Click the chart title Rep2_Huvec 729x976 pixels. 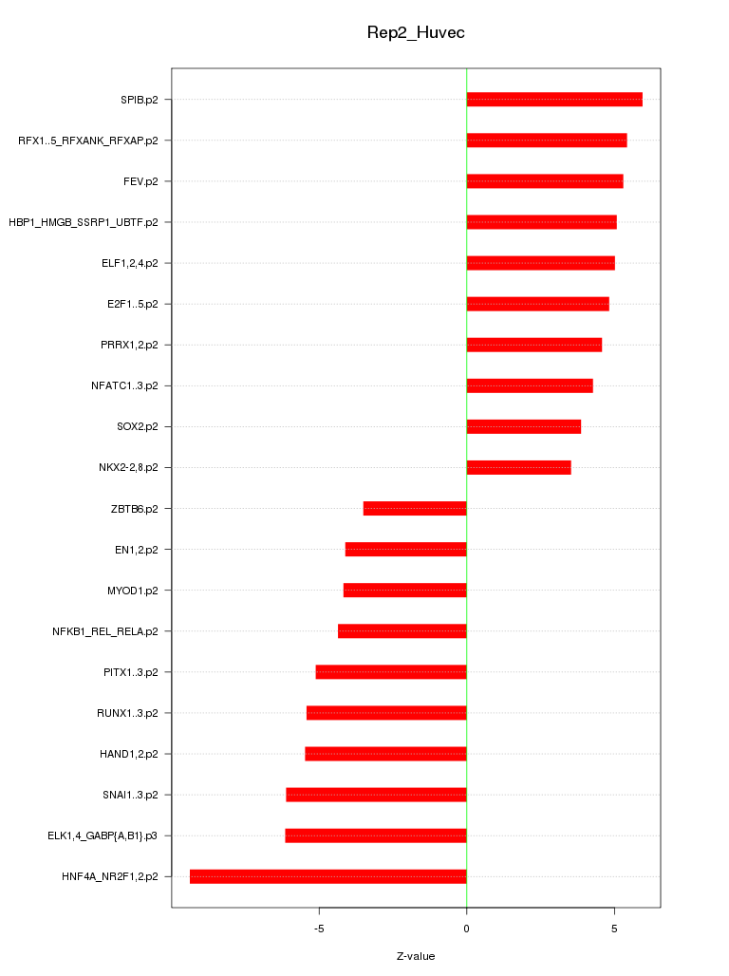[416, 33]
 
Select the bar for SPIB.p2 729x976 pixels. [554, 100]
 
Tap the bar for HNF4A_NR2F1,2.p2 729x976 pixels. [327, 876]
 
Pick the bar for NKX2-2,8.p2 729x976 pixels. [518, 467]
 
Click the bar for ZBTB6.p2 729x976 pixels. [415, 509]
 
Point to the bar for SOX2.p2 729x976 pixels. [523, 426]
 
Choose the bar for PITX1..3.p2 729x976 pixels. [391, 672]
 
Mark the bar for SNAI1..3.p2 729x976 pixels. [376, 795]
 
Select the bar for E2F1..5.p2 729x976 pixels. [537, 304]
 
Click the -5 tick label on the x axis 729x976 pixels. [319, 928]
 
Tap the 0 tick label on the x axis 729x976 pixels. [466, 928]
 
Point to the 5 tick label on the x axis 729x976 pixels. [614, 928]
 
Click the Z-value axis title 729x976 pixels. [416, 956]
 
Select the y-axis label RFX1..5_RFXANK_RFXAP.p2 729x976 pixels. [88, 141]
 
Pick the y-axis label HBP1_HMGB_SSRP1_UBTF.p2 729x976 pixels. [84, 222]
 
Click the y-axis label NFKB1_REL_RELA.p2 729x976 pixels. [105, 631]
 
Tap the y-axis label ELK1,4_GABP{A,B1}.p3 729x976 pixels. [103, 835]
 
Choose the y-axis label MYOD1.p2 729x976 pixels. [133, 591]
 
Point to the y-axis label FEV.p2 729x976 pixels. [140, 181]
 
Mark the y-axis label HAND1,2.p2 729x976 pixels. [129, 754]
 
